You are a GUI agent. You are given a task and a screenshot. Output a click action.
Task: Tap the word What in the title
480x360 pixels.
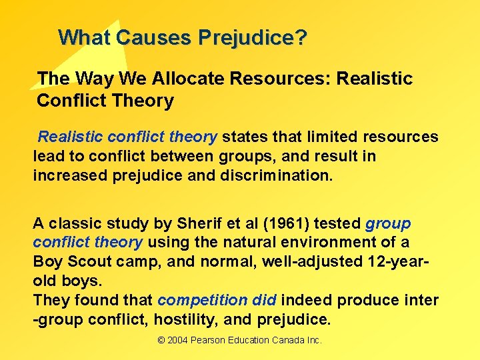coord(85,37)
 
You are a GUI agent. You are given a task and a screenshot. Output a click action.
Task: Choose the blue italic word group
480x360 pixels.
coord(389,223)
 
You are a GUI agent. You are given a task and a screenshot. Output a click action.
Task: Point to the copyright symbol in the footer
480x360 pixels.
coord(161,340)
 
